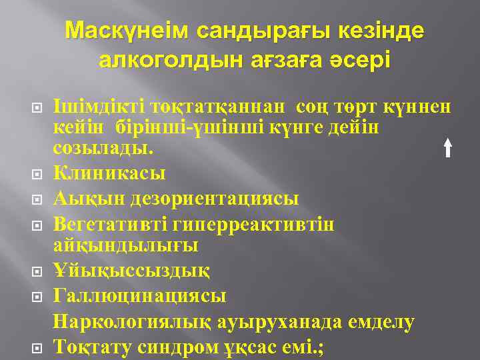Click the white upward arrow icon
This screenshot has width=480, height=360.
[x=449, y=146]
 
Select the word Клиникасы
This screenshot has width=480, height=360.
[x=109, y=173]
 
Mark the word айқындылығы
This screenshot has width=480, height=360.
[x=125, y=245]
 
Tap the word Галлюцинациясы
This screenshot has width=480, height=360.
[x=139, y=296]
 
